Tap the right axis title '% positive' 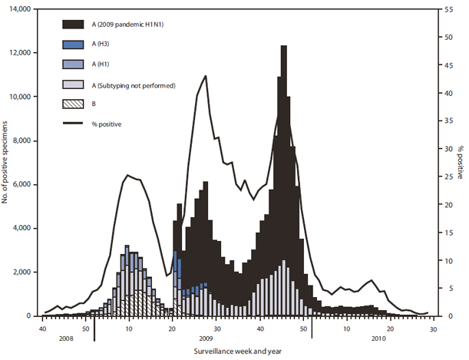click(460, 163)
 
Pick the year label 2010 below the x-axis click(378, 338)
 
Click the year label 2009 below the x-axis click(204, 338)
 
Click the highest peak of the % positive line click(206, 76)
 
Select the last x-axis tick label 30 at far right click(433, 328)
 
